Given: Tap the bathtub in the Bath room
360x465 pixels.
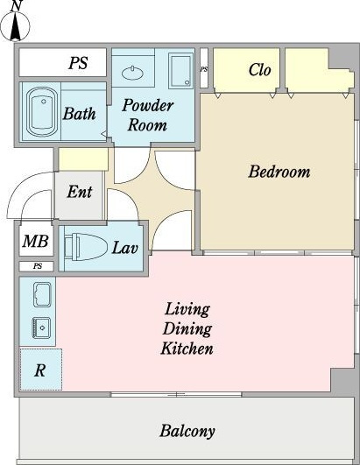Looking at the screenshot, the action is [42, 112].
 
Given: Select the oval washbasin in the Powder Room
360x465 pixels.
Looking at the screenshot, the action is [132, 73].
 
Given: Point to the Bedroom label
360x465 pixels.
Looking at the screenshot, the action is [279, 172].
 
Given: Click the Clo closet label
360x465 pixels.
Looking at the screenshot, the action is [260, 70].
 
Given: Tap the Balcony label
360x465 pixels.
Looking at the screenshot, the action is [187, 431].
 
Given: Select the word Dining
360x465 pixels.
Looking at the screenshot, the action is [187, 329].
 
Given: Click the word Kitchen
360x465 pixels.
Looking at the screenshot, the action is [187, 349].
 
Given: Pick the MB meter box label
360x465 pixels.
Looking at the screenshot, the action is [35, 241].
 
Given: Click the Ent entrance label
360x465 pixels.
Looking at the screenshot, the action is [80, 192].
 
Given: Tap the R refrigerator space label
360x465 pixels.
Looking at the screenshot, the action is [40, 370].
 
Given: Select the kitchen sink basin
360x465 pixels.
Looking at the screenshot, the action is [42, 328].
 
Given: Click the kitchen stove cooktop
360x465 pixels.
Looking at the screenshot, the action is [42, 294].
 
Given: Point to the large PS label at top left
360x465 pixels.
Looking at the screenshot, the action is [78, 63].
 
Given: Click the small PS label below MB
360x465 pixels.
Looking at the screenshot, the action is [38, 266].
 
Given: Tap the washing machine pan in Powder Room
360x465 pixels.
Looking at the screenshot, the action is [181, 71].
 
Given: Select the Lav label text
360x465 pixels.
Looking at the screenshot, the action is [125, 248].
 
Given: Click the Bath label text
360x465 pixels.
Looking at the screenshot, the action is [79, 114].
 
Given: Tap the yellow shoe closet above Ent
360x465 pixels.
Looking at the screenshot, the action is [83, 159].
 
